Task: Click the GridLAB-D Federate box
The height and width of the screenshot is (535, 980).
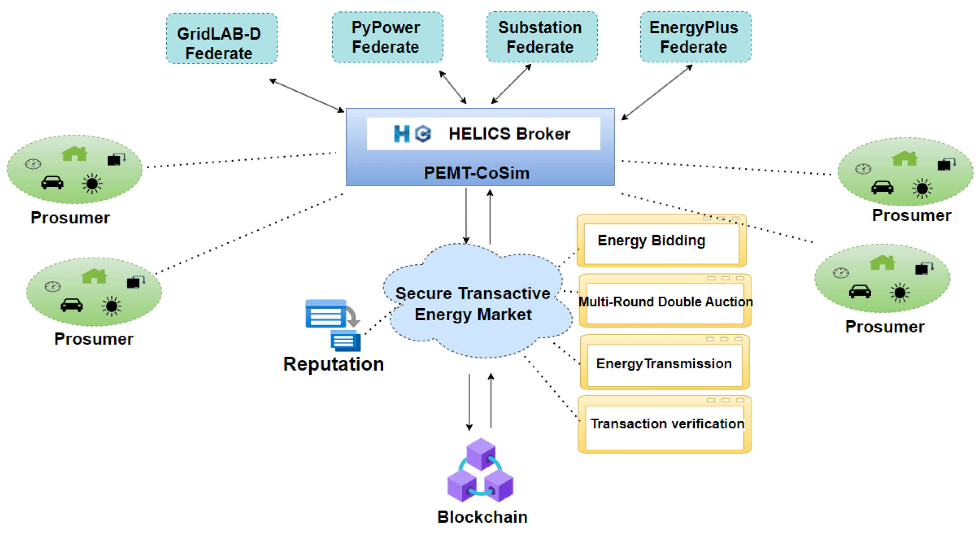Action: [x=222, y=39]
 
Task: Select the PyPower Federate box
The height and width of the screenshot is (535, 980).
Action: [x=387, y=37]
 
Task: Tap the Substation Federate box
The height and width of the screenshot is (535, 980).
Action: [x=542, y=37]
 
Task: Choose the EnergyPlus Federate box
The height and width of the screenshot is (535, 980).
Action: [x=695, y=37]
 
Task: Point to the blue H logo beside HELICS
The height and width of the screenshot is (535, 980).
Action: [x=401, y=134]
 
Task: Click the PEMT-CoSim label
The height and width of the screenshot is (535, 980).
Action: [x=476, y=173]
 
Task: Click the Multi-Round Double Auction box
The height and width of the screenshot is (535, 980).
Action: [x=665, y=302]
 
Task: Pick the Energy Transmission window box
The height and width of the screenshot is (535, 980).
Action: [x=664, y=364]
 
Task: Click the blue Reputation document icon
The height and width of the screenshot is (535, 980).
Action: [x=332, y=324]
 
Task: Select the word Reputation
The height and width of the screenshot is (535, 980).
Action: [x=333, y=365]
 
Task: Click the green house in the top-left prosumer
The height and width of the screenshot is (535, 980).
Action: [x=75, y=154]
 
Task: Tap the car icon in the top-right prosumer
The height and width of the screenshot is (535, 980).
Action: [x=882, y=187]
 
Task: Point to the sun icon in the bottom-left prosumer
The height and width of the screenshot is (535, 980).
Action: [x=111, y=306]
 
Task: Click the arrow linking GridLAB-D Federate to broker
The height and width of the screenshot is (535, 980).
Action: [x=307, y=95]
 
